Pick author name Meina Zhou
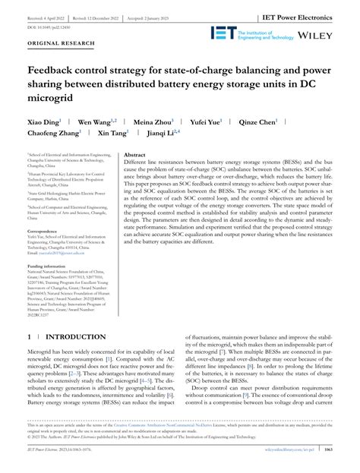[x=153, y=121]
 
